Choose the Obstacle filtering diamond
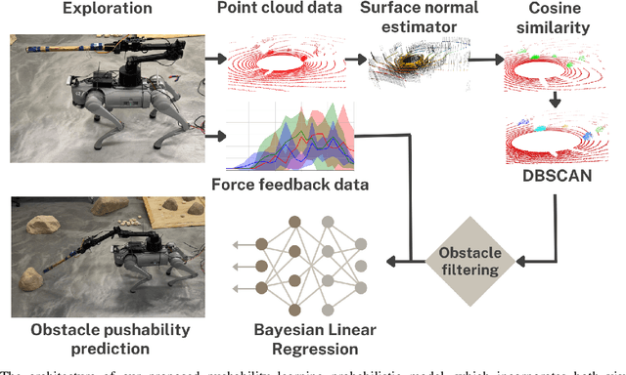pos(468,260)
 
